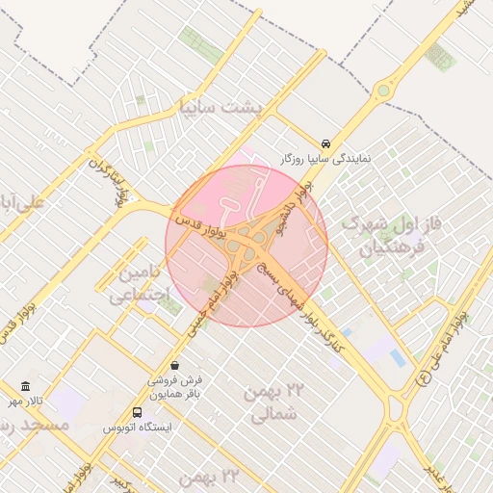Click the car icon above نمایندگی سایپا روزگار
coord(326,141)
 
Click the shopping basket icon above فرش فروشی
coord(174,365)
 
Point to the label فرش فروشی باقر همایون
coord(174,387)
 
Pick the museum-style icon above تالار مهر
coord(26,385)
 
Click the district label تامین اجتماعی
coord(140,283)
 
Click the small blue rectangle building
coord(398,358)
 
